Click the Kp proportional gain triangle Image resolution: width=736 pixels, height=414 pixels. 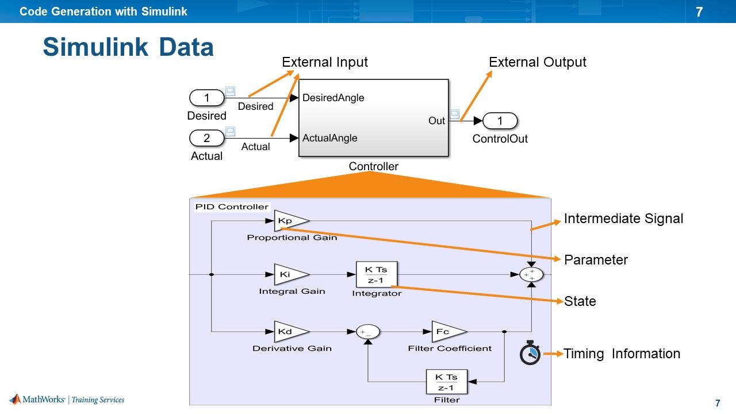coord(289,221)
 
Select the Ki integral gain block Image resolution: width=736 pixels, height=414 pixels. coord(289,275)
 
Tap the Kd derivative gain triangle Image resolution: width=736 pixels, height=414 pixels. coord(289,332)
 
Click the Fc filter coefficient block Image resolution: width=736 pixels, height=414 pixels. coord(447,332)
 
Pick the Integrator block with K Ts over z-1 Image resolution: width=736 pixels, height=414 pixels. coord(377,275)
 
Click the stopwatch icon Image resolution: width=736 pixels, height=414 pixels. coord(530,353)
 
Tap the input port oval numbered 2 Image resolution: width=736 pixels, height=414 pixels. coord(206,138)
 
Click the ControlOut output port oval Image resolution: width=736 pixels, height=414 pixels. coord(500,121)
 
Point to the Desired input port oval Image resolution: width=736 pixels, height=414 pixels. coord(206,98)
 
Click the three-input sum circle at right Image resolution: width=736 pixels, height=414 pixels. coord(531,275)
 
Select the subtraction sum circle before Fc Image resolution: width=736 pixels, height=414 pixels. coord(368,332)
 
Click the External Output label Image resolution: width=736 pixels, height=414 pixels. coord(537,62)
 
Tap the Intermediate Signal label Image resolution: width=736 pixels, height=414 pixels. coord(623,218)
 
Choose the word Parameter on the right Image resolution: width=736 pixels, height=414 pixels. coord(596,260)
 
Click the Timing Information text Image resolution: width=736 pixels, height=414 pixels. coord(622,354)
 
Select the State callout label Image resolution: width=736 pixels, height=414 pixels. coord(580,301)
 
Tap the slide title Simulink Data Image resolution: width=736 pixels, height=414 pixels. coord(128,47)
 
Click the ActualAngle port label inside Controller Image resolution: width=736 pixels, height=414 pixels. coord(329,138)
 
